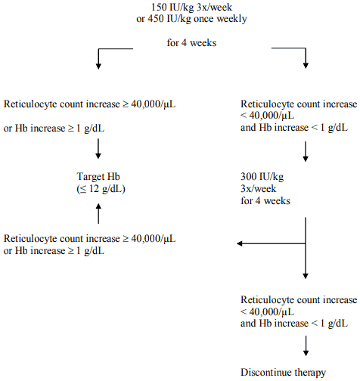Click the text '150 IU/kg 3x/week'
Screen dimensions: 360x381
click(x=191, y=8)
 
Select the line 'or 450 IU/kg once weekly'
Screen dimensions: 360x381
click(x=191, y=19)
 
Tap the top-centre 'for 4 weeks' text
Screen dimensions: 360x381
click(x=191, y=42)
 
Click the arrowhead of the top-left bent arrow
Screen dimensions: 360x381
click(x=98, y=67)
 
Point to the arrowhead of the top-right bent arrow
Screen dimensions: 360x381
click(x=306, y=66)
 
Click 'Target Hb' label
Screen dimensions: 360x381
click(x=98, y=176)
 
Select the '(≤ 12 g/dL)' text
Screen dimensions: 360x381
click(x=101, y=188)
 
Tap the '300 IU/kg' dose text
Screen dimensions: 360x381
click(x=262, y=176)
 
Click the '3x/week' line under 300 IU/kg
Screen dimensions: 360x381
click(x=258, y=188)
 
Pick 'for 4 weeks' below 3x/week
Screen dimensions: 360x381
click(x=265, y=201)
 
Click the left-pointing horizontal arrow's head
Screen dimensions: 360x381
click(x=240, y=243)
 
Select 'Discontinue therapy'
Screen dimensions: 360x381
click(x=283, y=372)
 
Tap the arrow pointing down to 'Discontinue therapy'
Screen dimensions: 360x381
click(x=306, y=345)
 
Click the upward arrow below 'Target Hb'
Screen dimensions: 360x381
click(x=98, y=213)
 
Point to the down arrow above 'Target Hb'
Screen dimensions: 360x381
click(x=98, y=149)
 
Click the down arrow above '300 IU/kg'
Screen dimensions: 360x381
click(x=306, y=151)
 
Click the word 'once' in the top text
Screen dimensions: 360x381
click(x=203, y=19)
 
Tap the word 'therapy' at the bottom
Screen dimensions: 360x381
click(x=310, y=373)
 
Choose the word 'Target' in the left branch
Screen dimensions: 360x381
click(x=91, y=177)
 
